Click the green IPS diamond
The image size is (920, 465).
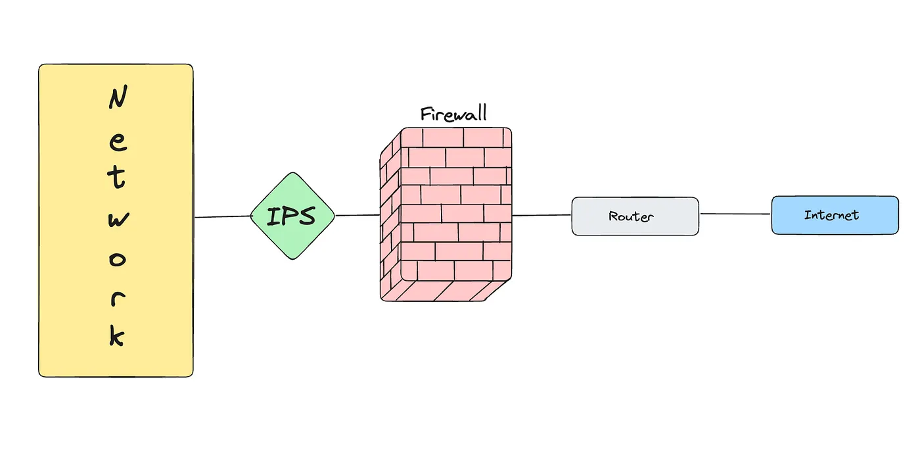(x=292, y=216)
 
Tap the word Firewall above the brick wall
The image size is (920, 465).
(x=453, y=114)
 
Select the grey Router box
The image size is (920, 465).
(x=635, y=216)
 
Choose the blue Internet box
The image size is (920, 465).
(x=835, y=214)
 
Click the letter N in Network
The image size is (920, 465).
(x=117, y=100)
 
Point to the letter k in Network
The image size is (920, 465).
(x=116, y=335)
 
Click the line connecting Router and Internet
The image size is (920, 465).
(x=735, y=214)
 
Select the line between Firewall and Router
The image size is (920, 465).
(x=541, y=214)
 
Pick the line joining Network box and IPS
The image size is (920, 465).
(x=222, y=216)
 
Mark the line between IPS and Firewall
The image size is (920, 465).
(x=357, y=215)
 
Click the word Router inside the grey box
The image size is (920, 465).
(x=631, y=216)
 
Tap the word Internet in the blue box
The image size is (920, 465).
(x=831, y=214)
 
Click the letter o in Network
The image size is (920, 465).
(x=116, y=259)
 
